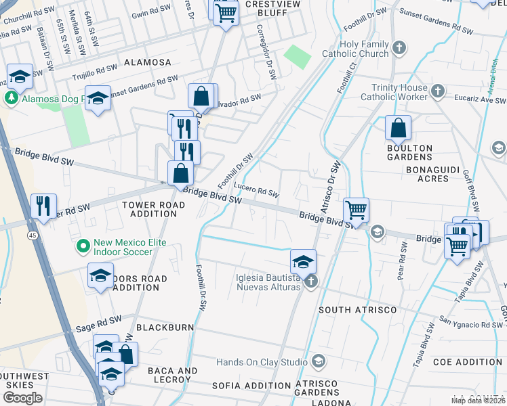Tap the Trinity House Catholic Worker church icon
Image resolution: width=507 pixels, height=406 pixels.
click(x=438, y=91)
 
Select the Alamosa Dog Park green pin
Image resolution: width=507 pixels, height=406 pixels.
click(x=12, y=98)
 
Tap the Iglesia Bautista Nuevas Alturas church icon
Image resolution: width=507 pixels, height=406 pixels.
click(x=311, y=281)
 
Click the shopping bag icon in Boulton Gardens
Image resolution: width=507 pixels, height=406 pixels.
click(x=399, y=128)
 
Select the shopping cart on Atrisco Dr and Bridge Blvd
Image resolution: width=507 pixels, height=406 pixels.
click(x=357, y=210)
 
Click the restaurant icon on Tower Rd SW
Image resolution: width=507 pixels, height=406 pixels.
click(x=44, y=206)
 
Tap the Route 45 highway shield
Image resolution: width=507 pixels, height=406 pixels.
click(x=33, y=235)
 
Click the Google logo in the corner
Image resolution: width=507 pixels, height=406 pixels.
click(x=22, y=397)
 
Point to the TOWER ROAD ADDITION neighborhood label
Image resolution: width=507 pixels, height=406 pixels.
click(x=148, y=209)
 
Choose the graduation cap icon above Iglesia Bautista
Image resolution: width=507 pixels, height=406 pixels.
click(x=304, y=261)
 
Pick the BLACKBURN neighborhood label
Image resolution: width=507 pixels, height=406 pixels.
click(x=165, y=327)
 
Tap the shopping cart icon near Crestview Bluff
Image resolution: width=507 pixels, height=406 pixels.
click(x=226, y=12)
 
